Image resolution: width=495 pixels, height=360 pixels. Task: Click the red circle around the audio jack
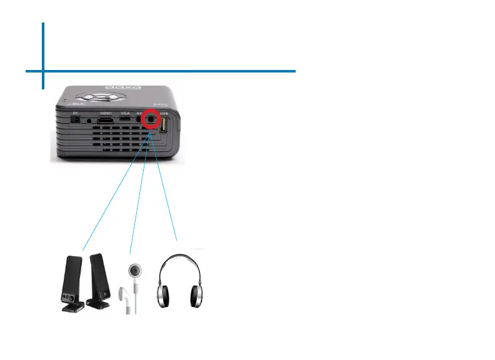coord(150,119)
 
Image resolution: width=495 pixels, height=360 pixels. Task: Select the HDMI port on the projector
coord(106,119)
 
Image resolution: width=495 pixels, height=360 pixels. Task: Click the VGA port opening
coord(125,119)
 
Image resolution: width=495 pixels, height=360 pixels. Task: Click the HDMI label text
coord(106,112)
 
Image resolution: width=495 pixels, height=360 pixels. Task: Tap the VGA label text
coord(125,112)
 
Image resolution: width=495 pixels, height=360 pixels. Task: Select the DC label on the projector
coord(76,112)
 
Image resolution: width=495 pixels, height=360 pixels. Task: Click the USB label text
coord(164,112)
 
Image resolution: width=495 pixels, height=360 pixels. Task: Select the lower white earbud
coord(128,300)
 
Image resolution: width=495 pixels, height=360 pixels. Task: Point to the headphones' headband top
coord(180,256)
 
